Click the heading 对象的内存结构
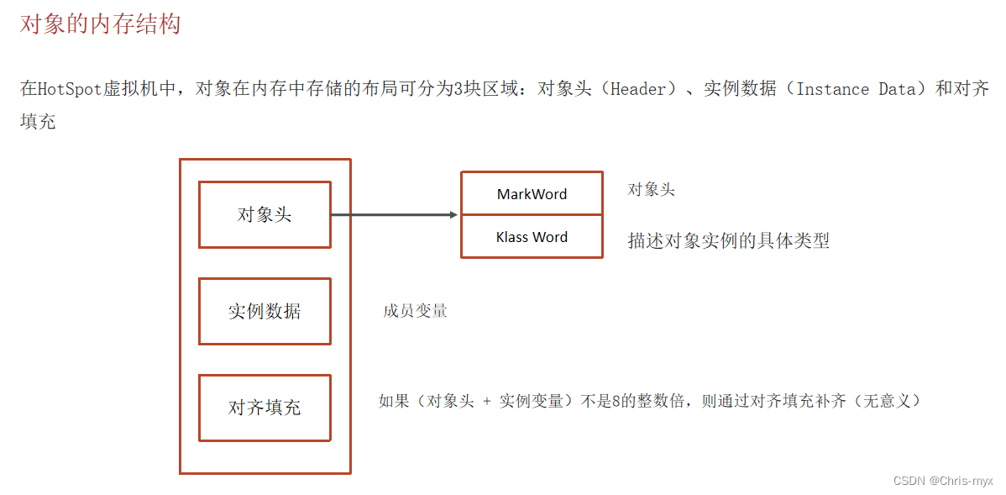pyautogui.click(x=100, y=24)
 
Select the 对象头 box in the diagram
pyautogui.click(x=265, y=214)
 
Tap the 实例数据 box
pyautogui.click(x=265, y=311)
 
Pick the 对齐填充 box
pyautogui.click(x=265, y=408)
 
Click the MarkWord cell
pyautogui.click(x=532, y=194)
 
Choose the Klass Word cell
pyautogui.click(x=532, y=237)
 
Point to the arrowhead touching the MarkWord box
pyautogui.click(x=453, y=214)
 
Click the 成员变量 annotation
pyautogui.click(x=415, y=311)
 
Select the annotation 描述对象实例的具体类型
pyautogui.click(x=728, y=240)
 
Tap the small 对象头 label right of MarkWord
pyautogui.click(x=651, y=190)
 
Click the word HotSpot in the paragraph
pyautogui.click(x=71, y=89)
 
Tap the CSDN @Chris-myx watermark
pyautogui.click(x=943, y=481)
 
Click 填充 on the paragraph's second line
pyautogui.click(x=38, y=121)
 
